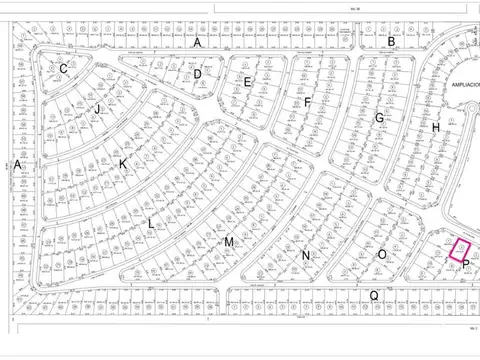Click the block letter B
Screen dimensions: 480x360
tap(392, 42)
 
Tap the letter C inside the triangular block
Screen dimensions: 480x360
tap(64, 68)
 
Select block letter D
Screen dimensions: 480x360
tap(198, 74)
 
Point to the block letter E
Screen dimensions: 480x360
tap(248, 82)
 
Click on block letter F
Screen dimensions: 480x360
tap(308, 102)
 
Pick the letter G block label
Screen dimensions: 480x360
tap(379, 118)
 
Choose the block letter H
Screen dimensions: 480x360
tap(436, 128)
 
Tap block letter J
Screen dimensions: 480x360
tap(98, 109)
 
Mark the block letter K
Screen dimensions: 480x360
tap(123, 163)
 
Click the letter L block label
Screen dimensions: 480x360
tap(151, 224)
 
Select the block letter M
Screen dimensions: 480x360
tap(228, 242)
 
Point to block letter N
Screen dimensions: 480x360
tap(306, 256)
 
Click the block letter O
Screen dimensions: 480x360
tap(381, 255)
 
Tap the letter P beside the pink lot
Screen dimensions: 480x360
tap(466, 263)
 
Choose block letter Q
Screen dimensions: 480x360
tap(374, 295)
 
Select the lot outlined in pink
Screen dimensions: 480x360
tap(459, 249)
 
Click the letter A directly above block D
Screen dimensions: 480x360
tap(198, 43)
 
